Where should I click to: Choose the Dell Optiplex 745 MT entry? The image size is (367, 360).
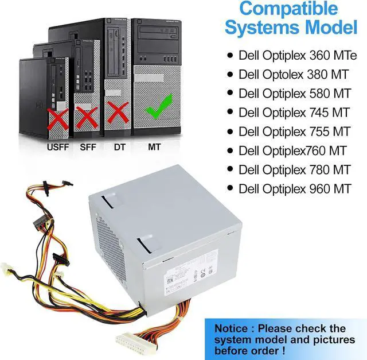click(294, 112)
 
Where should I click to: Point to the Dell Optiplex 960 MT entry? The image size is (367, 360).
click(294, 188)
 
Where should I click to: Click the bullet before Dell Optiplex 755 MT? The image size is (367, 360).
click(231, 131)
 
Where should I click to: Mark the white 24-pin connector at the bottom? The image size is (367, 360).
click(134, 345)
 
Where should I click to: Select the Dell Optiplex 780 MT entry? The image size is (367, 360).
click(294, 169)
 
